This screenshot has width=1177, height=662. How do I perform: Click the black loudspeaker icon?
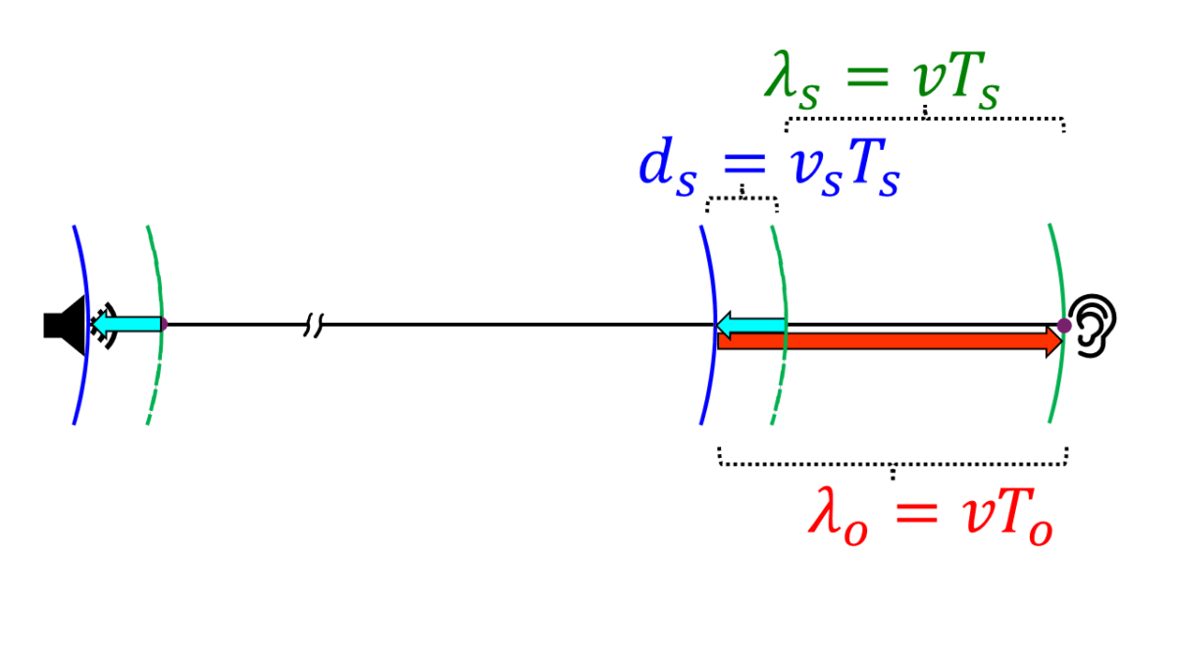point(62,324)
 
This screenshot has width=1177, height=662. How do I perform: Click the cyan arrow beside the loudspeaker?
point(128,324)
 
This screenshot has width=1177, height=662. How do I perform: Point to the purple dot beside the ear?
point(1064,325)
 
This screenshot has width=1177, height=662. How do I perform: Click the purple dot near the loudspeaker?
point(164,324)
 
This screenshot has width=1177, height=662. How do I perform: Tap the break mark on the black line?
point(312,325)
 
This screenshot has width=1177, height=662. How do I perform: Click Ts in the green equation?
point(976,83)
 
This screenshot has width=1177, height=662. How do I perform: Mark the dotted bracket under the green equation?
point(925,120)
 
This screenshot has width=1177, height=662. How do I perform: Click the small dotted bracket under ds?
point(742,200)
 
